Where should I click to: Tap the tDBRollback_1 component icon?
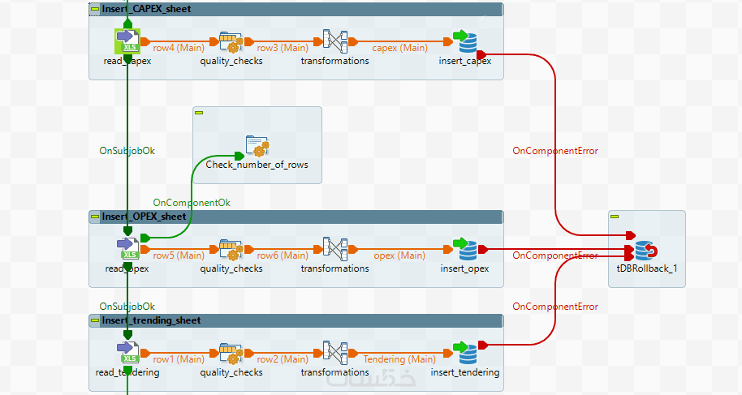(646, 251)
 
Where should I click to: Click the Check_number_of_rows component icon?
(257, 146)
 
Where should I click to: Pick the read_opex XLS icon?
(127, 248)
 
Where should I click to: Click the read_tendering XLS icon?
(127, 353)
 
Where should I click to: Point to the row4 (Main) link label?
(179, 48)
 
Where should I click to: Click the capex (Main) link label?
(399, 48)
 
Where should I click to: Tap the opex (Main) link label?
(399, 255)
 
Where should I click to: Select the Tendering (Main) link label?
(399, 359)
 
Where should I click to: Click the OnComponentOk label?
(192, 202)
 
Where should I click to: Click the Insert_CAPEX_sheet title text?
(146, 9)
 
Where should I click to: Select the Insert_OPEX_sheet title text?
(145, 217)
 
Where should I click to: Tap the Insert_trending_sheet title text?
(151, 320)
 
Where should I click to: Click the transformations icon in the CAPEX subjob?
(335, 41)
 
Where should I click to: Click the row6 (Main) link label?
(282, 255)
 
